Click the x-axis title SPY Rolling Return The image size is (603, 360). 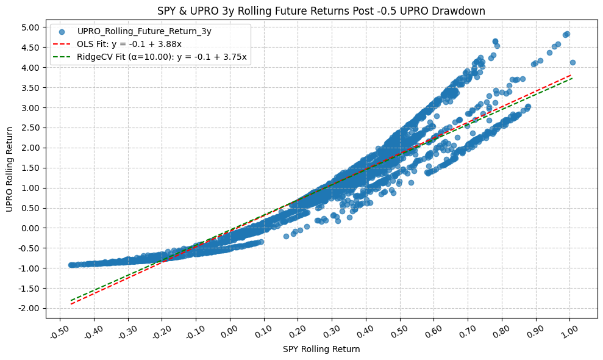click(321, 350)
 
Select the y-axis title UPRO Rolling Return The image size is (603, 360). click(10, 169)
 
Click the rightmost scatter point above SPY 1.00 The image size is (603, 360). click(573, 62)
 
